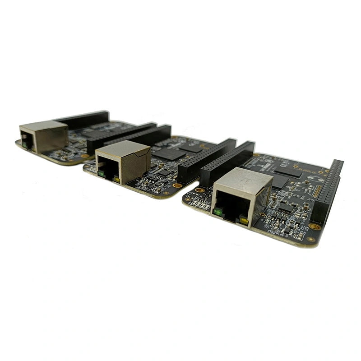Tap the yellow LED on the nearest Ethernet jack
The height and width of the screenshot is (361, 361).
pos(244,221)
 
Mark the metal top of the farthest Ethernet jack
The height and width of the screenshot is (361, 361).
pos(43,125)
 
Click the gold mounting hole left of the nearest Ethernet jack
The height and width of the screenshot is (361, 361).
pos(199,190)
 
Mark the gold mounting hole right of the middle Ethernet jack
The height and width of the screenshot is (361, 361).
pos(177,185)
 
